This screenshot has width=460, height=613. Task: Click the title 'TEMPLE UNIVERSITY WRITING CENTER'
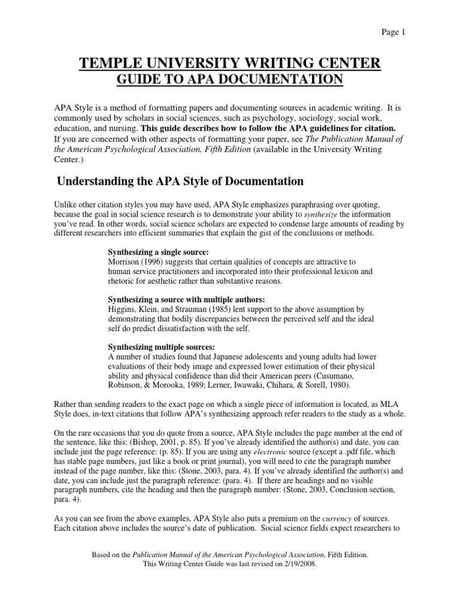pyautogui.click(x=229, y=64)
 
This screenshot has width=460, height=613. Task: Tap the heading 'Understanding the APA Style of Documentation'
pyautogui.click(x=180, y=181)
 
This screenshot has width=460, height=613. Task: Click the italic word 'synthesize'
pyautogui.click(x=325, y=214)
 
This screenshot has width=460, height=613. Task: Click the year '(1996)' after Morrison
pyautogui.click(x=153, y=262)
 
